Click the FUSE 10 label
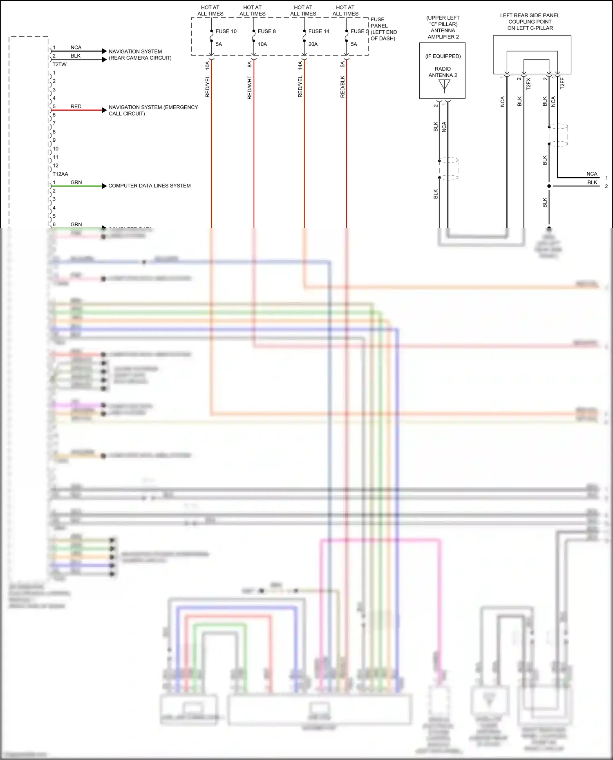click(x=226, y=31)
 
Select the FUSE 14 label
click(x=319, y=31)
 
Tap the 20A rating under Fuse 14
click(x=313, y=44)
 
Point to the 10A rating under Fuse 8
click(x=262, y=44)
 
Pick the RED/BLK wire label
click(x=342, y=87)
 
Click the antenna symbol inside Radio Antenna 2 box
click(x=444, y=85)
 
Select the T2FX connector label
click(x=528, y=84)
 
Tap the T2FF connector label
click(x=562, y=84)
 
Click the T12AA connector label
click(x=60, y=174)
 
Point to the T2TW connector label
click(x=59, y=65)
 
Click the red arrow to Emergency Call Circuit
click(x=104, y=110)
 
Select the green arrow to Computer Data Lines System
click(x=104, y=186)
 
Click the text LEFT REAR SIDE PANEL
click(x=530, y=16)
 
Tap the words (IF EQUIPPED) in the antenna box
click(x=443, y=56)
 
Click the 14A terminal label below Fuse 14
click(x=300, y=65)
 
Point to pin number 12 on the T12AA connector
click(x=56, y=165)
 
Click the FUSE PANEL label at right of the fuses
click(x=378, y=22)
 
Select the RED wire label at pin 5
click(x=76, y=107)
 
